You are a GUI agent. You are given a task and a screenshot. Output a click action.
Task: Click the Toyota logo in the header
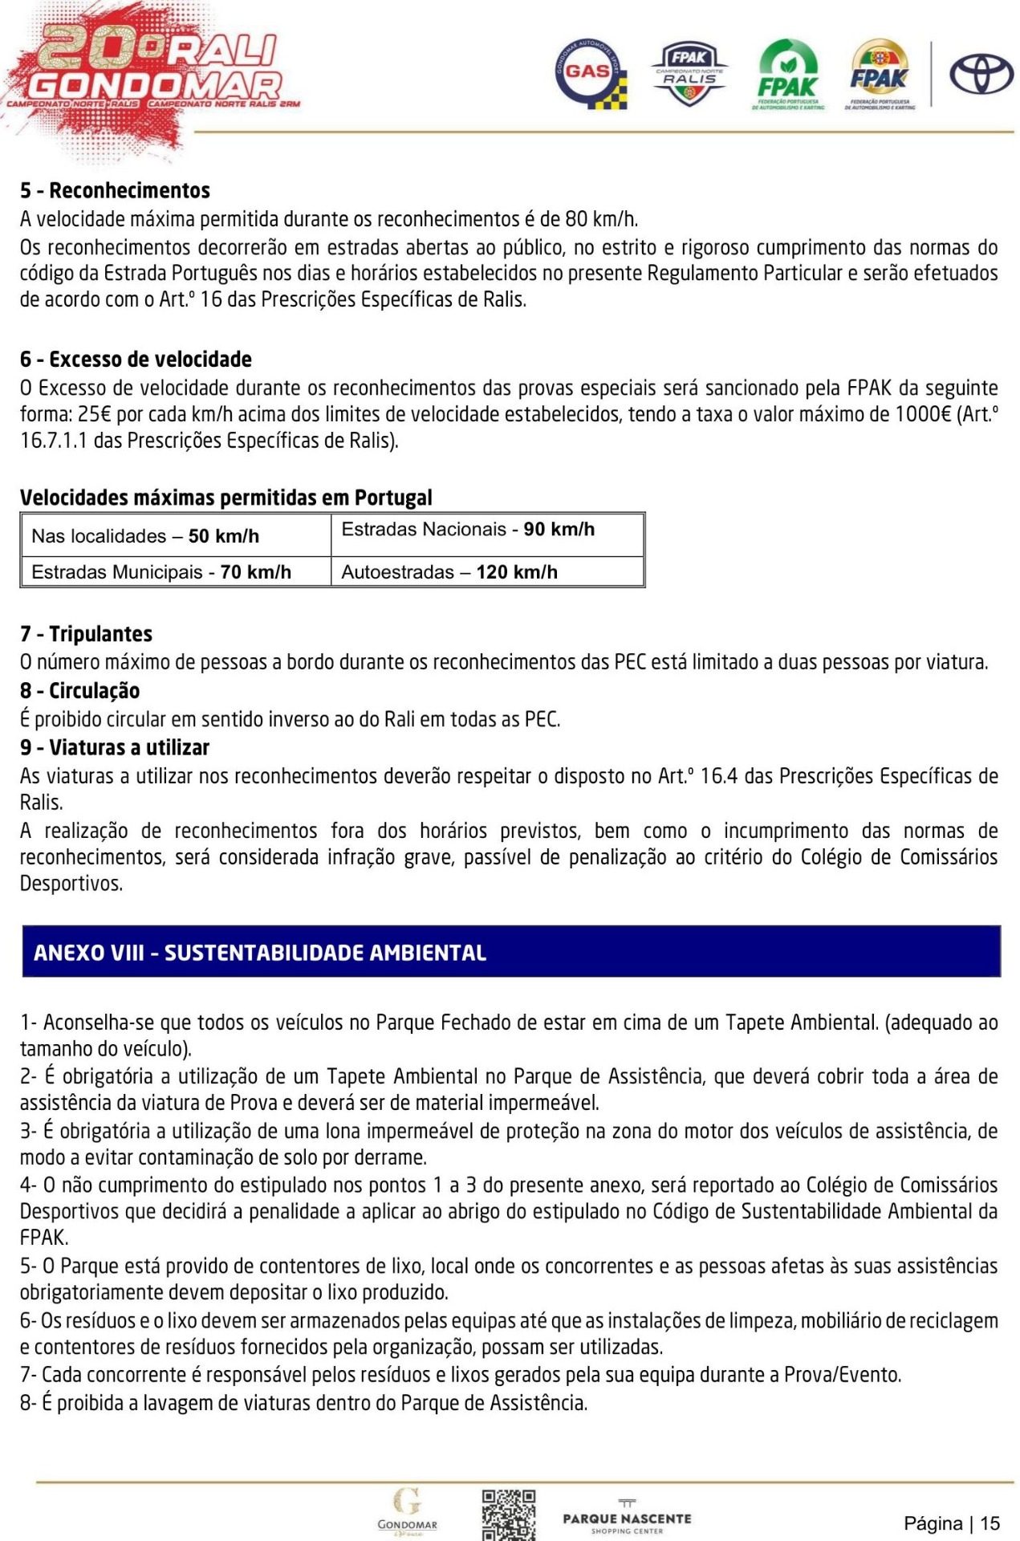tap(981, 75)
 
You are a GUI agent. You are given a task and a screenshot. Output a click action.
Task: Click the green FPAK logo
tap(788, 75)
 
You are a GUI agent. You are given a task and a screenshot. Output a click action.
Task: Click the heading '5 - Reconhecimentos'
tap(115, 190)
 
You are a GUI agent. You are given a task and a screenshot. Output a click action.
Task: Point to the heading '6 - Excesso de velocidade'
tap(136, 359)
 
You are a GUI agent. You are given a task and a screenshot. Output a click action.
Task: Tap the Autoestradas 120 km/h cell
tap(487, 571)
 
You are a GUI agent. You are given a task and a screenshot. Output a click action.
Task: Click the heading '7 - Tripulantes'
tap(86, 634)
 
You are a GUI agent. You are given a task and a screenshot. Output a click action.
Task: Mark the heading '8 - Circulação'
tap(79, 690)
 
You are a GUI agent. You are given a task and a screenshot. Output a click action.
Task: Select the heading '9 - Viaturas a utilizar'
tap(114, 747)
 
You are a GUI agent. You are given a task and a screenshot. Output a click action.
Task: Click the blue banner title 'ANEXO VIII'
tap(260, 953)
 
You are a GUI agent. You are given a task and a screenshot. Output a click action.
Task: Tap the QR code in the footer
tap(508, 1514)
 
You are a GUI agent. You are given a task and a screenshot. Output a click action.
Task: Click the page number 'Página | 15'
tap(952, 1523)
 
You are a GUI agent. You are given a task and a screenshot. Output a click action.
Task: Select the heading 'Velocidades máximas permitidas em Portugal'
tap(226, 498)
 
